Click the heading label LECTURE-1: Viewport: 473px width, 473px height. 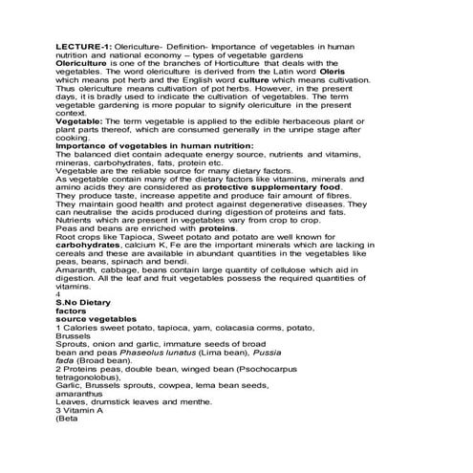point(85,45)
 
